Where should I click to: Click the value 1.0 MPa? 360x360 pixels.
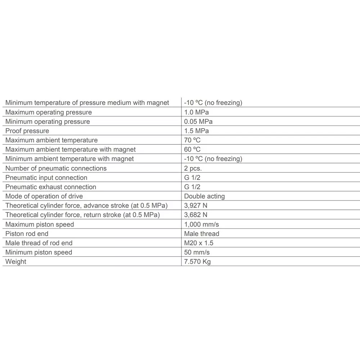pyautogui.click(x=196, y=112)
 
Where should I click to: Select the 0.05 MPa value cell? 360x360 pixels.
pyautogui.click(x=198, y=122)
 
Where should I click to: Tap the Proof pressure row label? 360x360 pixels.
pyautogui.click(x=27, y=131)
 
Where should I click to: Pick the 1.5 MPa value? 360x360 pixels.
pyautogui.click(x=196, y=131)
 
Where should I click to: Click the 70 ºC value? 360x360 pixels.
pyautogui.click(x=192, y=140)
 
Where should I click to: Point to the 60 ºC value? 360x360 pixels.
pyautogui.click(x=192, y=150)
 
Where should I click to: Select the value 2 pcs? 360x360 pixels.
pyautogui.click(x=193, y=168)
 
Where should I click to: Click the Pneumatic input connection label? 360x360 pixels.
pyautogui.click(x=46, y=178)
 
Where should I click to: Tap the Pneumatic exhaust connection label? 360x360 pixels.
pyautogui.click(x=51, y=187)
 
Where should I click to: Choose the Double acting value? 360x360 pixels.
pyautogui.click(x=204, y=197)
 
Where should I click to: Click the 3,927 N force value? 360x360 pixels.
pyautogui.click(x=195, y=206)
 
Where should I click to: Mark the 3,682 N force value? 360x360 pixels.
pyautogui.click(x=195, y=215)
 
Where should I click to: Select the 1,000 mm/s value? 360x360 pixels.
pyautogui.click(x=201, y=225)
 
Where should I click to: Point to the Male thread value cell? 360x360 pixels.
pyautogui.click(x=202, y=234)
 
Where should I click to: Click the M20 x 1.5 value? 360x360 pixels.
pyautogui.click(x=199, y=243)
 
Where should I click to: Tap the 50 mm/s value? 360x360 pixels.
pyautogui.click(x=197, y=253)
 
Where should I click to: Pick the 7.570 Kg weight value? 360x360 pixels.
pyautogui.click(x=197, y=262)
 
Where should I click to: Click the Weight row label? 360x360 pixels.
pyautogui.click(x=16, y=262)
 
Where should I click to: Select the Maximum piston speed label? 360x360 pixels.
pyautogui.click(x=40, y=225)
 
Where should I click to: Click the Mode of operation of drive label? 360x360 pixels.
pyautogui.click(x=44, y=197)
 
